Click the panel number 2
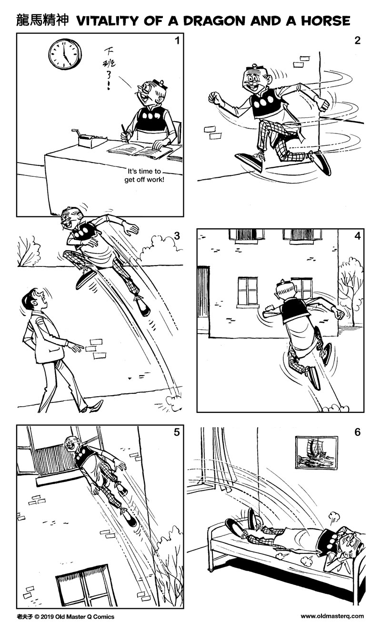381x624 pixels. pyautogui.click(x=357, y=41)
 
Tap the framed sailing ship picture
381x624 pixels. pyautogui.click(x=316, y=453)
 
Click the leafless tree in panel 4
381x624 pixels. pyautogui.click(x=350, y=281)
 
